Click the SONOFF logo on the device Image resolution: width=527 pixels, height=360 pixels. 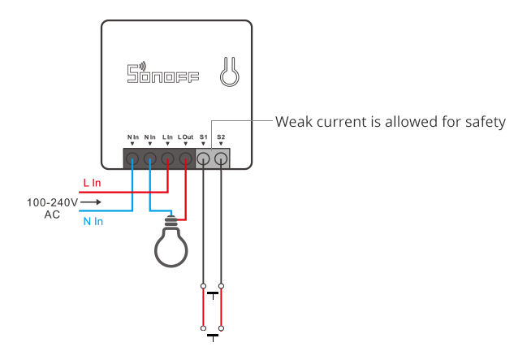163,72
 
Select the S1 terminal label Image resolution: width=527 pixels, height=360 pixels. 203,137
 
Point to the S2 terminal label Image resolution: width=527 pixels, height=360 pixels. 221,137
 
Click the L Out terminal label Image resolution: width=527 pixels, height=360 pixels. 185,137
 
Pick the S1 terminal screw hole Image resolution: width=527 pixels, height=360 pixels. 203,158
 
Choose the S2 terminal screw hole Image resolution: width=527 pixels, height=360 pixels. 221,158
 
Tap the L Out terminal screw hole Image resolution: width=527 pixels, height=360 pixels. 185,158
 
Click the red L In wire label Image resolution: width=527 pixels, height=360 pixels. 92,183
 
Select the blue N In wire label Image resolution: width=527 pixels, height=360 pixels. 93,221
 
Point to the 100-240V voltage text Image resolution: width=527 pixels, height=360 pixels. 53,202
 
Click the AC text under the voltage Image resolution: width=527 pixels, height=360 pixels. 52,215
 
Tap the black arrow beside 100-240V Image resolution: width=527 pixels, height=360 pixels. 91,202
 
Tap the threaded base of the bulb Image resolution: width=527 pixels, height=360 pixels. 171,221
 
